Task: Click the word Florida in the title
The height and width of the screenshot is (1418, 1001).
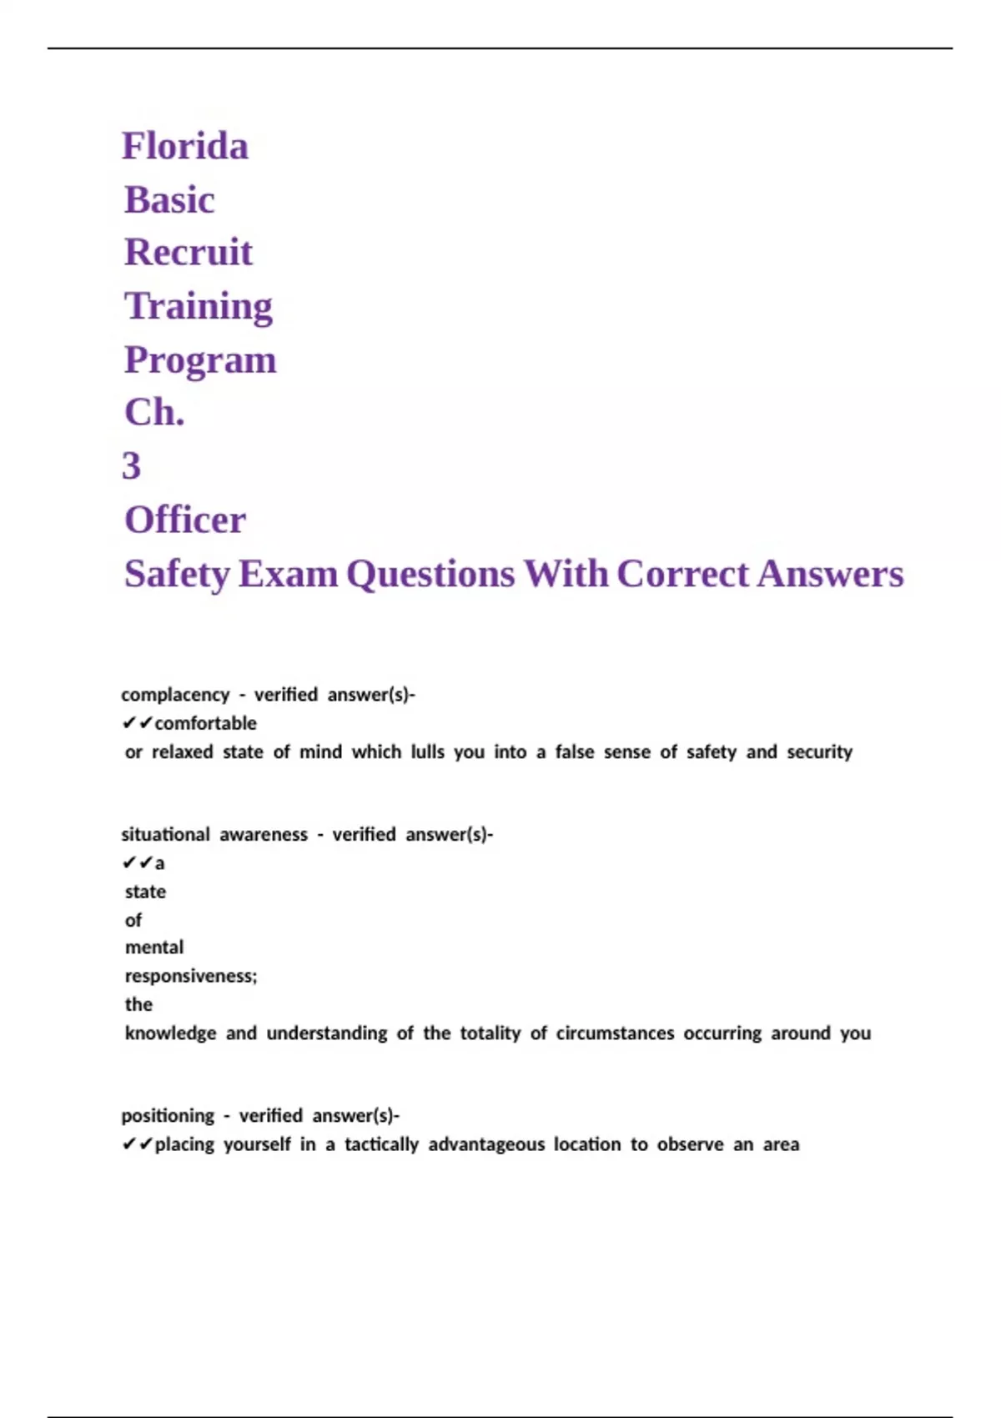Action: point(185,147)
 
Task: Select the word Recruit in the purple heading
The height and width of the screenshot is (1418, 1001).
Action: point(189,253)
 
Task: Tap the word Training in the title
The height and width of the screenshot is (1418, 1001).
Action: point(199,307)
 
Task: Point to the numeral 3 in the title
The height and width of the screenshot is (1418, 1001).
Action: point(132,466)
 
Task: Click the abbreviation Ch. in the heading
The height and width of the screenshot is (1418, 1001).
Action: point(154,413)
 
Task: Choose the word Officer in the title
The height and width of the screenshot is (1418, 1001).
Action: point(185,520)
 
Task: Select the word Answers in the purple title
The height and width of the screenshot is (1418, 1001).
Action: point(830,575)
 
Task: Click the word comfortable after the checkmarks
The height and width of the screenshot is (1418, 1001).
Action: point(206,723)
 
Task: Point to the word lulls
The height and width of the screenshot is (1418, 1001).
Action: point(427,752)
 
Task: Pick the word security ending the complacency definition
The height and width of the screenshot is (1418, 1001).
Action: point(819,752)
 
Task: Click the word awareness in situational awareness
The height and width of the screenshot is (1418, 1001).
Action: point(264,835)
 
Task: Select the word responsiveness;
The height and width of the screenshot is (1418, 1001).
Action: point(191,977)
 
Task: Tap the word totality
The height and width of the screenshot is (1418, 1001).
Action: point(490,1033)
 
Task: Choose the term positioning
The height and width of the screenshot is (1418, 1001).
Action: point(168,1116)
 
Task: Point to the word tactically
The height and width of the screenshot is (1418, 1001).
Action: point(381,1144)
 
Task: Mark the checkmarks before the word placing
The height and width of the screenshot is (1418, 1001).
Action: point(137,1144)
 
